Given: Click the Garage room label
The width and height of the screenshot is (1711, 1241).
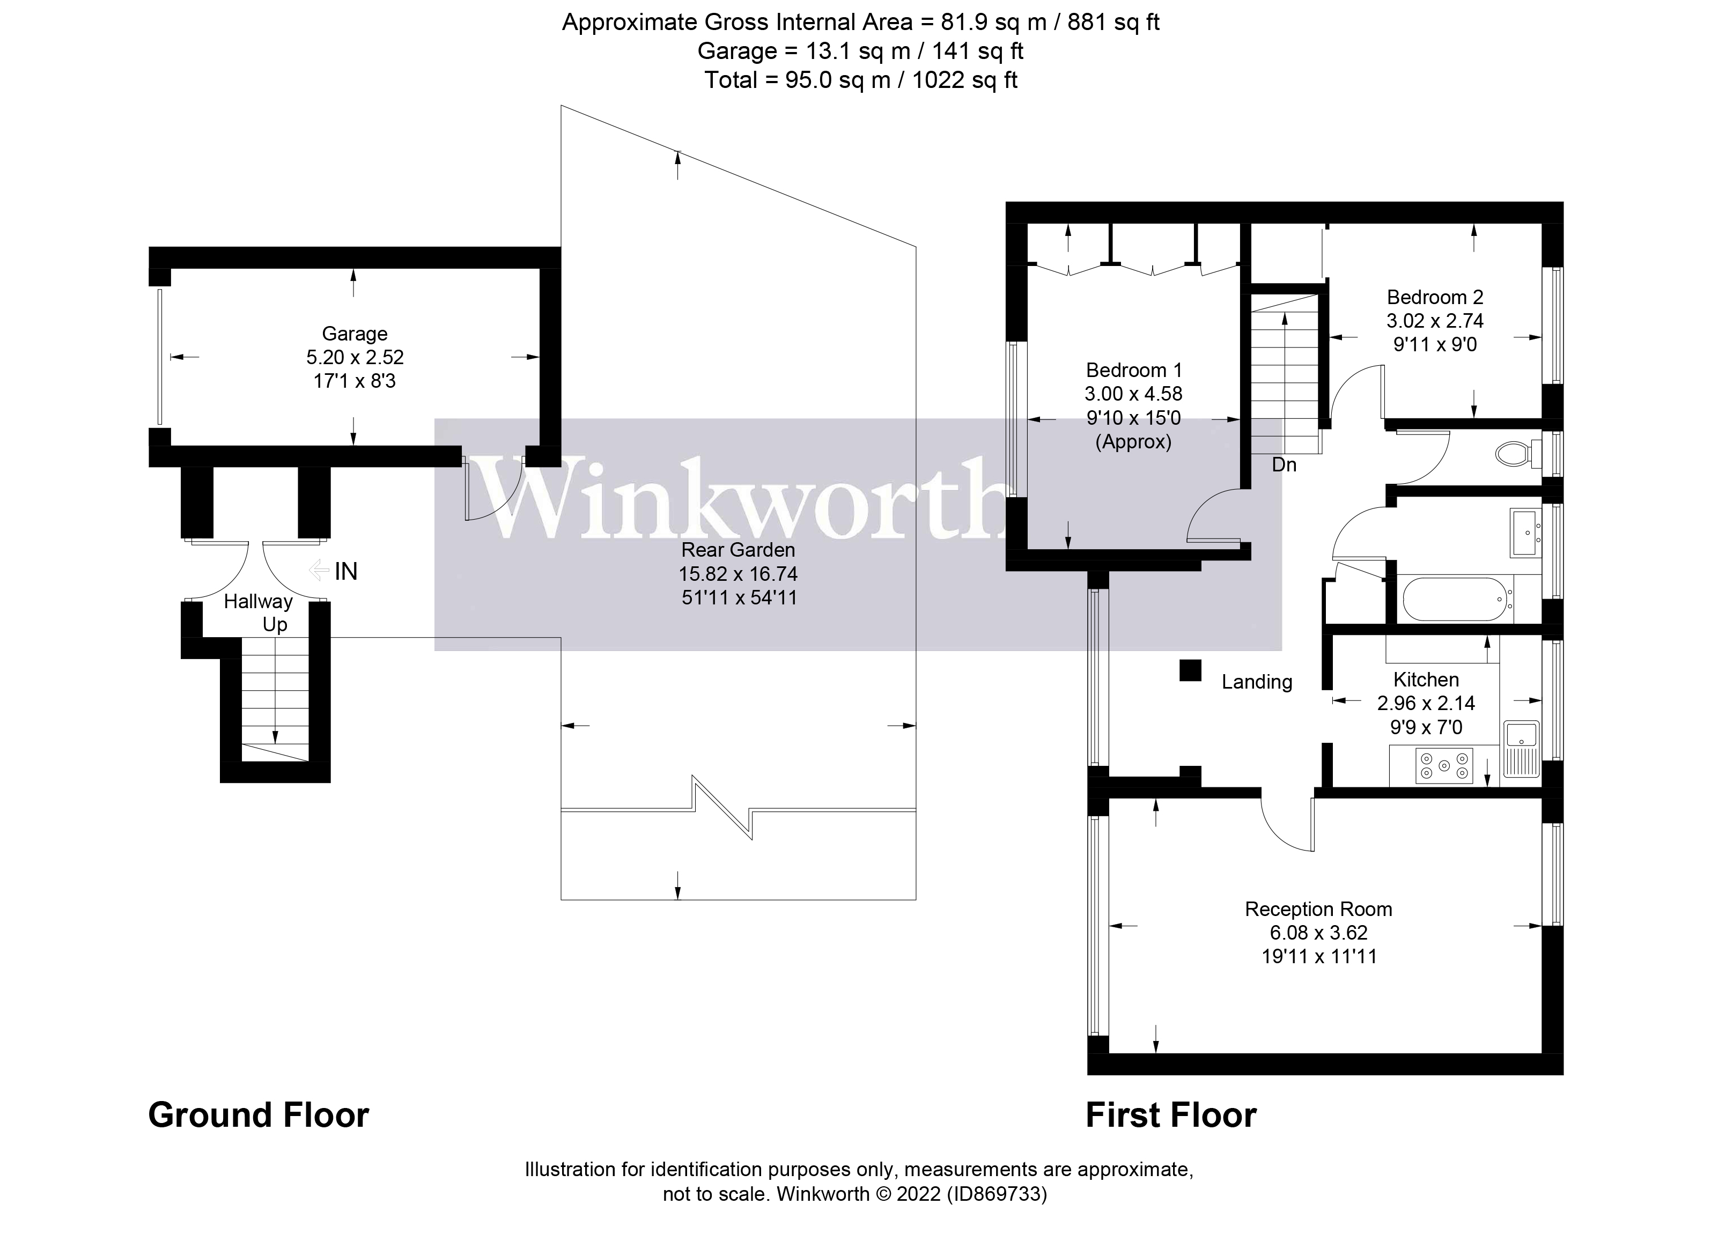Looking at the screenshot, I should tap(355, 334).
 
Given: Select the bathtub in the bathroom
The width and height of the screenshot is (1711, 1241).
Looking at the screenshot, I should tap(1457, 600).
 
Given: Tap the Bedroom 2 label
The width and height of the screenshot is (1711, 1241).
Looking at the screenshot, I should tap(1435, 297).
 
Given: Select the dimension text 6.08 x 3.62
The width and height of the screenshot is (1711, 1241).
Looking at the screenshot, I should tap(1318, 933).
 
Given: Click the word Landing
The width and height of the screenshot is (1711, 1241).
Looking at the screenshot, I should tap(1257, 682).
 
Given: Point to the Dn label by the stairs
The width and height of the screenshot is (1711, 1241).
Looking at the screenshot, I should tap(1284, 465).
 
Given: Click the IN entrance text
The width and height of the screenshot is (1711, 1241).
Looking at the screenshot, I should tap(345, 572).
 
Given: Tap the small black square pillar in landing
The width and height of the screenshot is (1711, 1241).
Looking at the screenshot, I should tap(1190, 670).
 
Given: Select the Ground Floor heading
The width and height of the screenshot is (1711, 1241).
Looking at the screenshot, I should tap(259, 1115).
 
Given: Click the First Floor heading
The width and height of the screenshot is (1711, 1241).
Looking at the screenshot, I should tap(1171, 1115).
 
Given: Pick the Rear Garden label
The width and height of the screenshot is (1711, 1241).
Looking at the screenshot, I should tap(738, 550).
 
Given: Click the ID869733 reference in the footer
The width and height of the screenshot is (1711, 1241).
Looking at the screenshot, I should tap(997, 1194).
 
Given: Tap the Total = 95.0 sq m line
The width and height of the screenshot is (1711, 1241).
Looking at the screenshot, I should tap(861, 80).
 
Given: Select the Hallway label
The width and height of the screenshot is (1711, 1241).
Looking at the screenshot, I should tap(258, 601).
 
